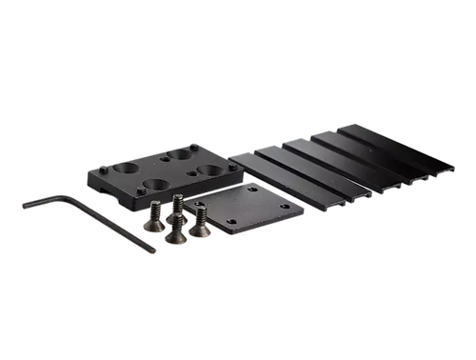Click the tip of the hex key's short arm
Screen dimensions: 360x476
tap(21, 203)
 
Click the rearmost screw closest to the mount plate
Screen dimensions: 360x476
tap(177, 204)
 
